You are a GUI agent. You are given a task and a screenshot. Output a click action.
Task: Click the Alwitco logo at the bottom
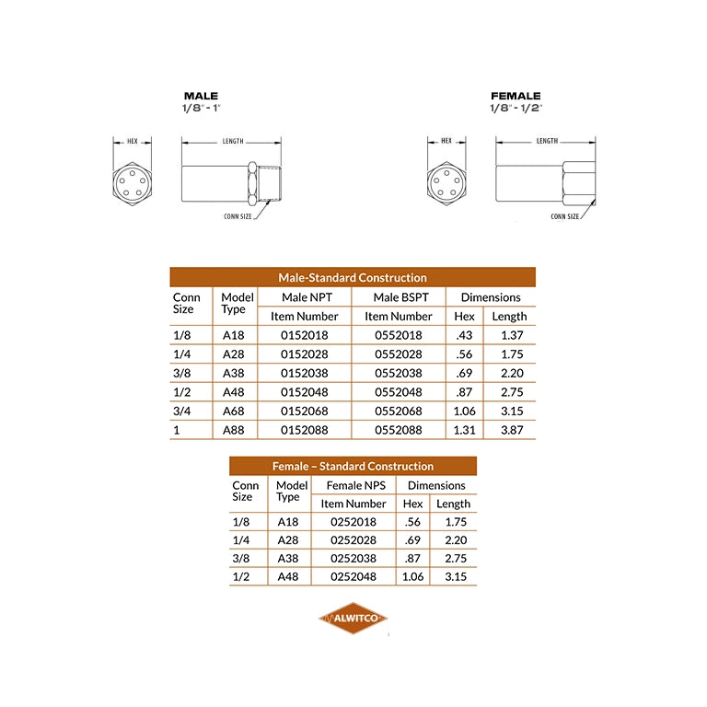353,618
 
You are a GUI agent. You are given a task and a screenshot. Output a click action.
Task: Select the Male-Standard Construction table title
353,277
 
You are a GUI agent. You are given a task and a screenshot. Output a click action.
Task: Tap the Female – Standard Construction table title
353,466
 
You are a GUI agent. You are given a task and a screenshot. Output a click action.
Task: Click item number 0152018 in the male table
305,335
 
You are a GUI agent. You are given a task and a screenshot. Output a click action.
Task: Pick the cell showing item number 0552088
399,430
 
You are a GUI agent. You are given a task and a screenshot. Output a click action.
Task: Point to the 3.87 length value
512,430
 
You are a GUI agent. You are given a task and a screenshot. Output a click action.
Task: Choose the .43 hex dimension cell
464,335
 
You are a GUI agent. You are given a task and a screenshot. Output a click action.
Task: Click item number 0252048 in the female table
353,576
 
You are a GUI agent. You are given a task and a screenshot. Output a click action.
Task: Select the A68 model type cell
233,411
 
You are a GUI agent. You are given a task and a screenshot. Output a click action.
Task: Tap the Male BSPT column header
400,297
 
